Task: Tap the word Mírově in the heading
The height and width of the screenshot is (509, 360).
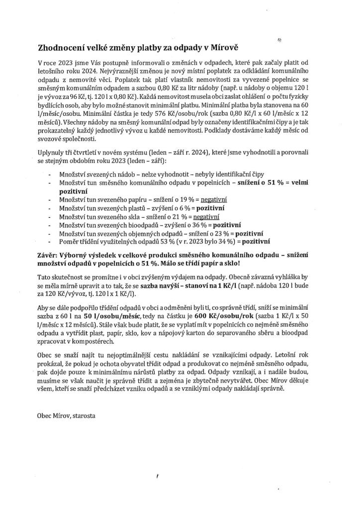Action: click(225, 48)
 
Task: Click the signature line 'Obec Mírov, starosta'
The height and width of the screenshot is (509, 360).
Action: click(66, 414)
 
